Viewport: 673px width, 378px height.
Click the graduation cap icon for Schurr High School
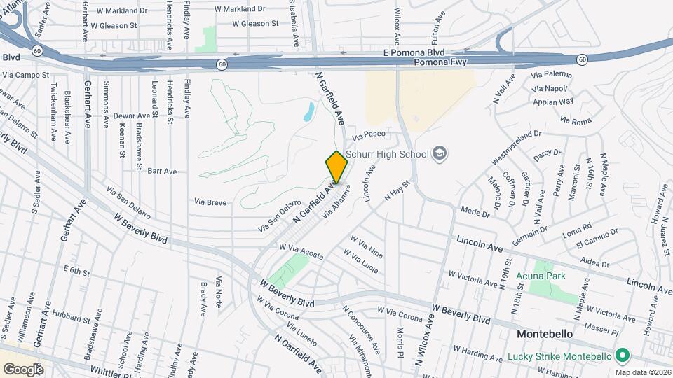pyautogui.click(x=440, y=153)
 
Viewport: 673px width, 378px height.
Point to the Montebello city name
pyautogui.click(x=546, y=334)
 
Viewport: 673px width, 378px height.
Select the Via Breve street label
pyautogui.click(x=210, y=202)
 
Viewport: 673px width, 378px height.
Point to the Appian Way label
pyautogui.click(x=553, y=101)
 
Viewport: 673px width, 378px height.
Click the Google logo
pyautogui.click(x=23, y=369)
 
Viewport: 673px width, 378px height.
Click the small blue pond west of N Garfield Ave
pyautogui.click(x=308, y=111)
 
